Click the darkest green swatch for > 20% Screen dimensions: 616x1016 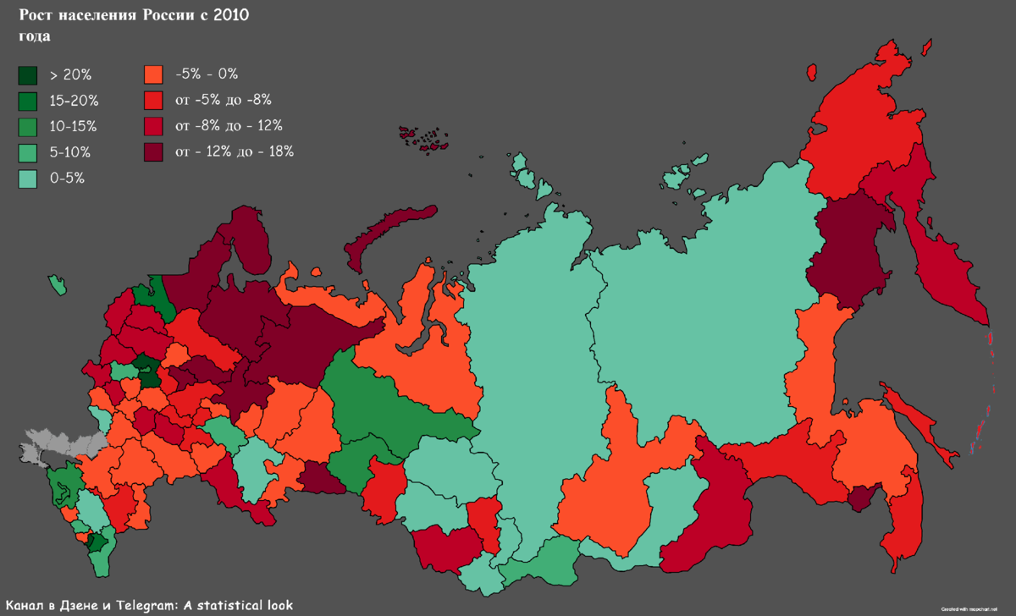28,74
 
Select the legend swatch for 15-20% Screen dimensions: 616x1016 28,101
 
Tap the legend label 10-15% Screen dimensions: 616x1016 74,127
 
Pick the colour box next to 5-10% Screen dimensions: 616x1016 28,153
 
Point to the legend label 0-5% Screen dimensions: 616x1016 68,179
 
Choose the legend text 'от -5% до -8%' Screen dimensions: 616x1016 223,101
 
